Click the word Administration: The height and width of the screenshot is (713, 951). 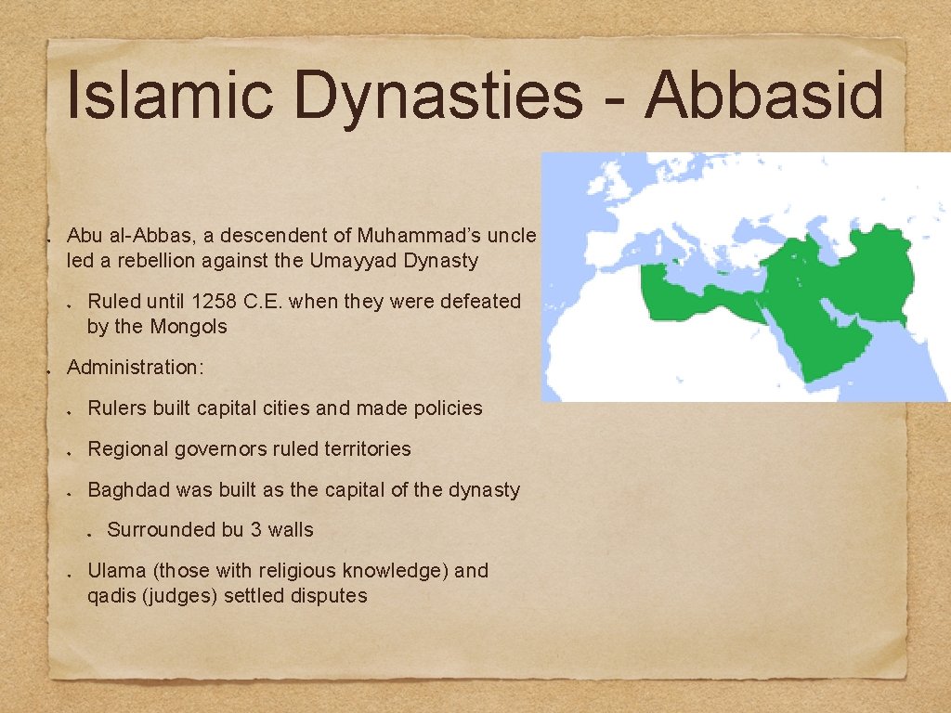135,368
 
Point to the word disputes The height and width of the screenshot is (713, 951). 331,596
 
